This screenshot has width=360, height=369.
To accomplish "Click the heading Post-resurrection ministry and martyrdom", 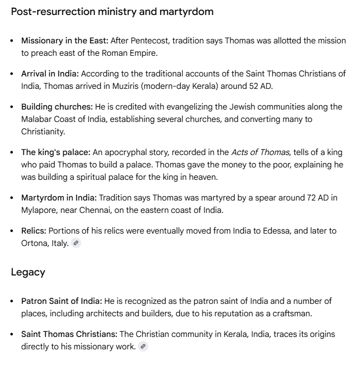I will tap(112, 11).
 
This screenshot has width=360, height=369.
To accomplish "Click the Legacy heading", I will tap(28, 272).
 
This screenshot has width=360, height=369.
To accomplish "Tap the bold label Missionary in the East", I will tap(65, 40).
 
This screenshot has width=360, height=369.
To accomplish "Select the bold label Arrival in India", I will tap(50, 73).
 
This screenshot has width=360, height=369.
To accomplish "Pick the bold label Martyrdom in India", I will tap(58, 197).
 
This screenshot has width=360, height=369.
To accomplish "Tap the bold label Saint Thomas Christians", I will tap(69, 334).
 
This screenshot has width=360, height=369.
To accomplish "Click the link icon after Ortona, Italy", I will tap(76, 243).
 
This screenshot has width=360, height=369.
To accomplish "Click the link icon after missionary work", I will tap(143, 347).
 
